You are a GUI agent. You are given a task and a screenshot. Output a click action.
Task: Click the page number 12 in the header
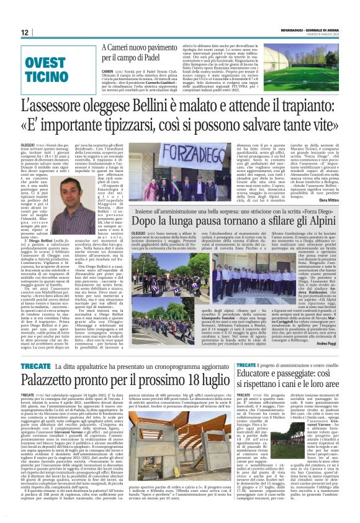[24, 32]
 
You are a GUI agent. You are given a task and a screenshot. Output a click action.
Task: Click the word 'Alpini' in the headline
[318, 221]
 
